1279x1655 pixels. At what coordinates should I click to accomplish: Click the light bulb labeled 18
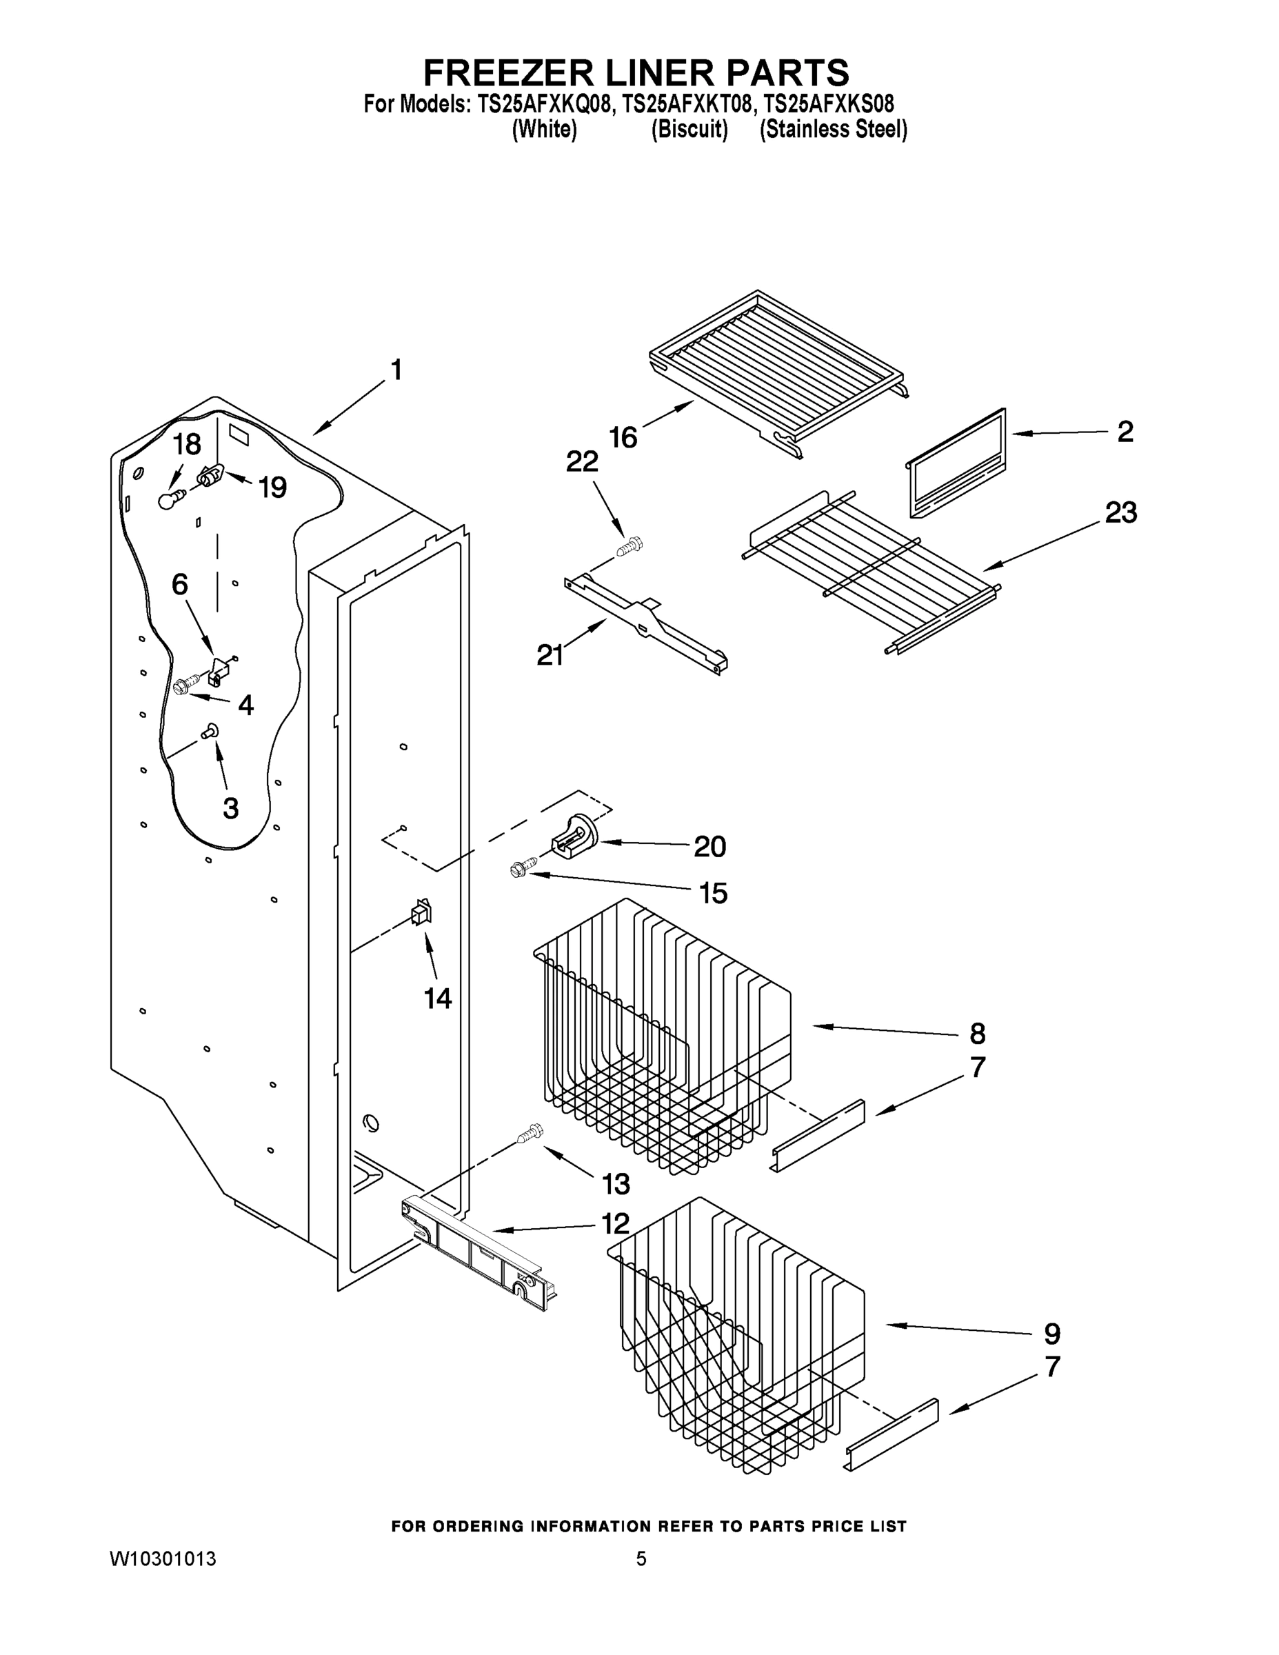(x=171, y=499)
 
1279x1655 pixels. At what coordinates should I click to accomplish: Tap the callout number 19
(x=272, y=488)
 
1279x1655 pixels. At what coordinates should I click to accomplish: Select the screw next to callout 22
(x=629, y=545)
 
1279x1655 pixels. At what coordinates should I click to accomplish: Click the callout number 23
(x=1120, y=513)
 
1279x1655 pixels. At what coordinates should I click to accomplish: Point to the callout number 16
(x=623, y=437)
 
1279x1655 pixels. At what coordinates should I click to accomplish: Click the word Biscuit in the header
(x=689, y=130)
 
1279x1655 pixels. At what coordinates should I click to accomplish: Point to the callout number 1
(x=396, y=370)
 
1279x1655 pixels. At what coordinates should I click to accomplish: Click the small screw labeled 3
(x=210, y=730)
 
